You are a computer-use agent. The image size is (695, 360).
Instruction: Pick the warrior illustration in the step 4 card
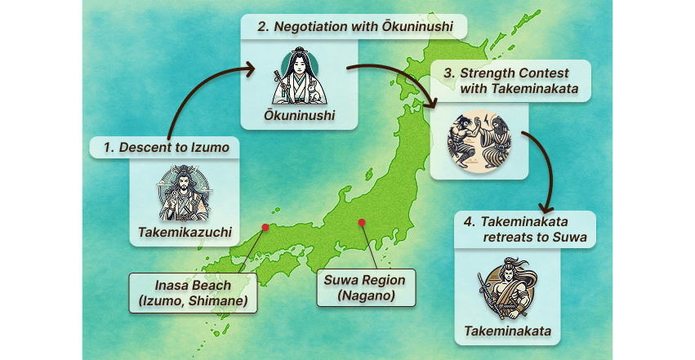(506, 290)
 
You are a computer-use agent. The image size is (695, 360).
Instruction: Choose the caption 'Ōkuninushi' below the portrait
(299, 116)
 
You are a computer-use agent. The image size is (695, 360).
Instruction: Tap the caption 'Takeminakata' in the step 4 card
(507, 331)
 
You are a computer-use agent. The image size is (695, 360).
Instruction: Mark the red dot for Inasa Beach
(265, 228)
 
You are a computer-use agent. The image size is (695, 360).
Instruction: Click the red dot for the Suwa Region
(360, 222)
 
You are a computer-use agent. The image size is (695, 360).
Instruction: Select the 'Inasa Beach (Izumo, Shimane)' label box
(193, 294)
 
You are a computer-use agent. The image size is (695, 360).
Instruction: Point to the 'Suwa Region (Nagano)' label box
(365, 287)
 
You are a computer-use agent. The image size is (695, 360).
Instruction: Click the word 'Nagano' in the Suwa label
(365, 296)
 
